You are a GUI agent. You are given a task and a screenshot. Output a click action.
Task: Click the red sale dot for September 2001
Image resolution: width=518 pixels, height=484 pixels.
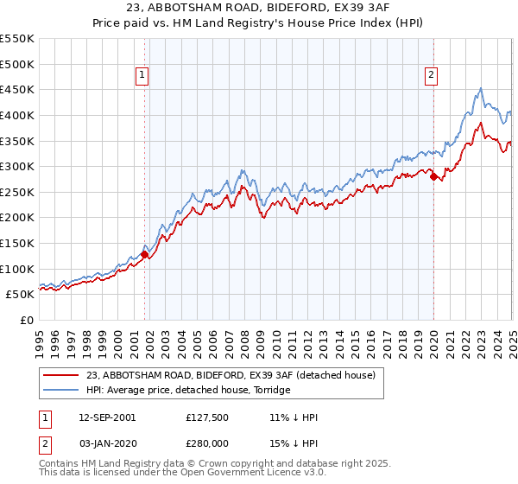pos(144,254)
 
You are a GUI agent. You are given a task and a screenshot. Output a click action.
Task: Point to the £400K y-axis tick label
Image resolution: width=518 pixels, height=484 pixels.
pos(17,115)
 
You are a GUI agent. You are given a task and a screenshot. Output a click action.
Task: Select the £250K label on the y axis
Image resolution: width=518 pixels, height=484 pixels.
pos(17,192)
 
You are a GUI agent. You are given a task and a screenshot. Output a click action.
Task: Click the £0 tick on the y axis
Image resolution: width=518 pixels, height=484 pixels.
pos(28,320)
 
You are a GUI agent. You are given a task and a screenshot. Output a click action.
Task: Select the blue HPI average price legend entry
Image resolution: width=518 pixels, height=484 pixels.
pos(188,391)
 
